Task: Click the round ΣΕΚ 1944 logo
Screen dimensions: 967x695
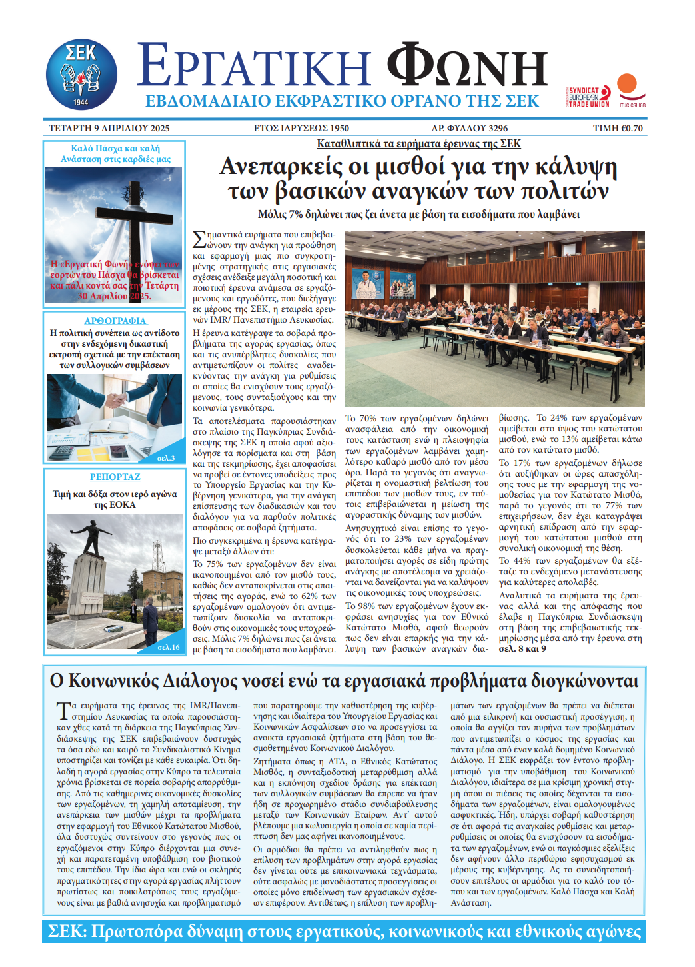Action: click(81, 74)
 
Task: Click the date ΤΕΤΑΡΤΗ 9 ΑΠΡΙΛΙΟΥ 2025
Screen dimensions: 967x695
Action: click(109, 128)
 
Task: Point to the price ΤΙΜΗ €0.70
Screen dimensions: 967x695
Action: click(618, 128)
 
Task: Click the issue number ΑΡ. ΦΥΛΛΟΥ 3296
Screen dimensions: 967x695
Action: click(469, 128)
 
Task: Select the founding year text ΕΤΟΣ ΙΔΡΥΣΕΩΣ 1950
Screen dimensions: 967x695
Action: click(301, 128)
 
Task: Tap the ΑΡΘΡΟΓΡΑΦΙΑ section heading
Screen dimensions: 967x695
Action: click(115, 321)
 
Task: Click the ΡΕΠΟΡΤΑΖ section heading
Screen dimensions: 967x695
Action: click(115, 477)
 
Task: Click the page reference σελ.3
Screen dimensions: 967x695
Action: click(166, 458)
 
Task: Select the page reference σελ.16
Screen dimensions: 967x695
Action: click(168, 646)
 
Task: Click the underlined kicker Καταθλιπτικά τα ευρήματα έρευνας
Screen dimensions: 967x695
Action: click(418, 143)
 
